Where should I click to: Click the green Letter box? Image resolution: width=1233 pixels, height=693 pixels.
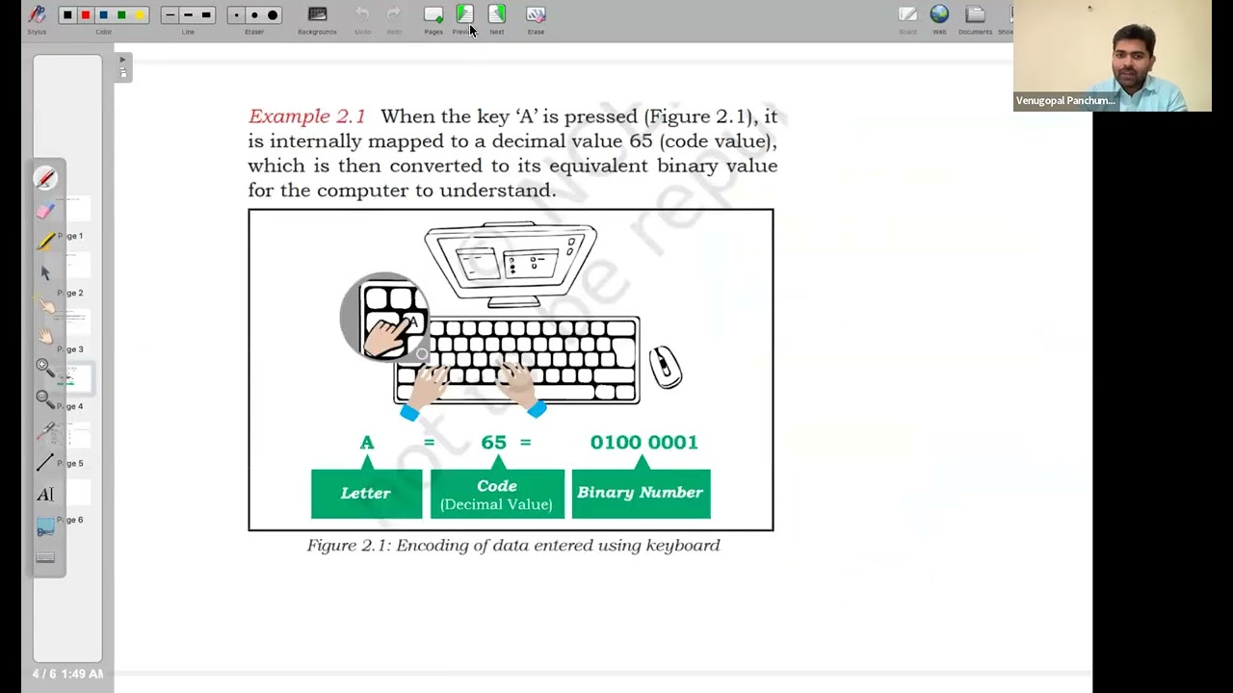366,493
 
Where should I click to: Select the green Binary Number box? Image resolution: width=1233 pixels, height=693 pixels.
641,493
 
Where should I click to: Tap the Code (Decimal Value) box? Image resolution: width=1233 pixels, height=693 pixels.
497,494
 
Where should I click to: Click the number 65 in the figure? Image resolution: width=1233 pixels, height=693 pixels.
493,443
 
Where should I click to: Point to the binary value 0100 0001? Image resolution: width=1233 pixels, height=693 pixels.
643,443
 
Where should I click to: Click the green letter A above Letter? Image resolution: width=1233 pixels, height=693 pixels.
367,443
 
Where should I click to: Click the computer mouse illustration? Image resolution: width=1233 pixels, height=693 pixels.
666,367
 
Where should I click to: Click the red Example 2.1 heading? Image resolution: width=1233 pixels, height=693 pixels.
306,116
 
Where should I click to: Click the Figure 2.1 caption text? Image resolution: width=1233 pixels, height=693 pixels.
513,546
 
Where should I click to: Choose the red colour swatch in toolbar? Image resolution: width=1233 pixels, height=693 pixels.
86,14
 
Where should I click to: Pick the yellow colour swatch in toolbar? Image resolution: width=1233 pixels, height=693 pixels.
140,14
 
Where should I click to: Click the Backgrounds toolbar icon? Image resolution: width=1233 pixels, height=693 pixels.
317,14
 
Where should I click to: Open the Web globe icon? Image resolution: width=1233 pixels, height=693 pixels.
939,14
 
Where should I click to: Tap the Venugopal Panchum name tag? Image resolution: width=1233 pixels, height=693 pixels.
1065,101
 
